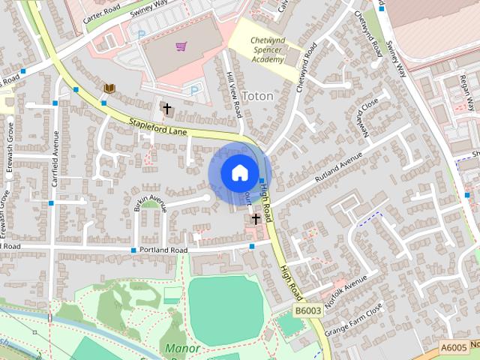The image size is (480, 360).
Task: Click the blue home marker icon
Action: coord(238,172)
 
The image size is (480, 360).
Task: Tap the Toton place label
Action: coord(257,97)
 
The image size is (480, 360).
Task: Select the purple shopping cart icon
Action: coord(181,47)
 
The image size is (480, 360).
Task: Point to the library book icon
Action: coord(109,88)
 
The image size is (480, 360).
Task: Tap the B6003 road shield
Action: coord(307,309)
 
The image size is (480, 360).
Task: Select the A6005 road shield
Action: coord(453,347)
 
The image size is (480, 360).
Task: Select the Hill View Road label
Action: coord(233,94)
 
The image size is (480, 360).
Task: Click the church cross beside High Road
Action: coord(256,219)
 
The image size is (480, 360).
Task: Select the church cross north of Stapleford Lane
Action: coord(166,109)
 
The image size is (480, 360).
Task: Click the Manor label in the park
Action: coord(183,349)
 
